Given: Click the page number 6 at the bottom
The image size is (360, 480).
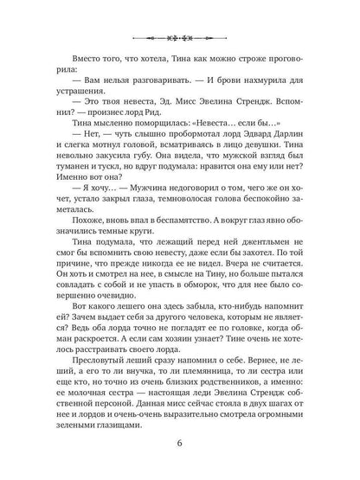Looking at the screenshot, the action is point(180,443).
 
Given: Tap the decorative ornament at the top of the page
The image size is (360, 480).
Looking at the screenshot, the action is point(180,40).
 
